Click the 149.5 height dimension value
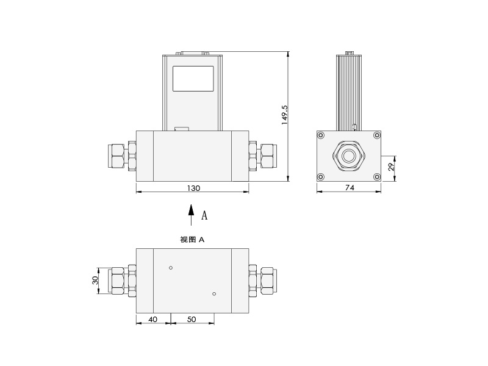[285, 115]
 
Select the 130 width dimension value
[193, 188]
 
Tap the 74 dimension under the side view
[350, 188]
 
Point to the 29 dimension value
[392, 166]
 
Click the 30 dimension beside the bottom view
[95, 280]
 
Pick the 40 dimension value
[152, 319]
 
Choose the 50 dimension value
[192, 319]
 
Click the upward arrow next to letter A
[192, 215]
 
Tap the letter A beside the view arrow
[204, 215]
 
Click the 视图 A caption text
[192, 240]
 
